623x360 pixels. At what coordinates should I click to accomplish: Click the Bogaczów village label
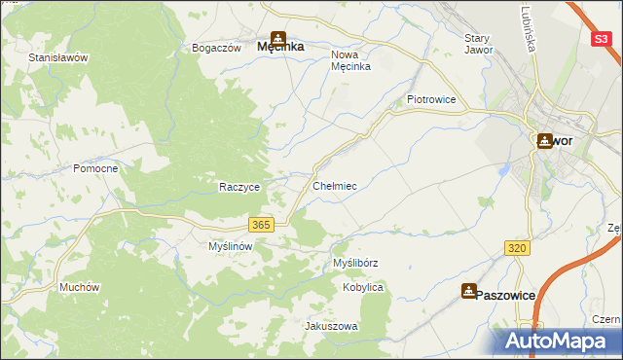coord(216,48)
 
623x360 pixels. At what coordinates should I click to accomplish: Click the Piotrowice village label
coord(431,99)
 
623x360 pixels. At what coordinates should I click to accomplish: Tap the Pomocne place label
coord(95,168)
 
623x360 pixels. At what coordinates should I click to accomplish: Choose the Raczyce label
coord(238,187)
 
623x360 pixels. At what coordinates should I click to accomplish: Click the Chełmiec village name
coord(335,185)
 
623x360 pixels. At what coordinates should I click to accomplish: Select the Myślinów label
coord(231,246)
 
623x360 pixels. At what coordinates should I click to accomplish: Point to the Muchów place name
coord(79,287)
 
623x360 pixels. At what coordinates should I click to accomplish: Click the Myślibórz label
coord(355,263)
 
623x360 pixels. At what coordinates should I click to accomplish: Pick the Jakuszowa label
coord(332,326)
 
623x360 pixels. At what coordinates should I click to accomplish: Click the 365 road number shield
coord(260,225)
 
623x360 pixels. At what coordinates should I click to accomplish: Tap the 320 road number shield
coord(518,249)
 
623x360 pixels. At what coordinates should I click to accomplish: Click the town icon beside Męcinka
coord(277,30)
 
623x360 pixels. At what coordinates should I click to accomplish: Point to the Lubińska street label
coord(528,34)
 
